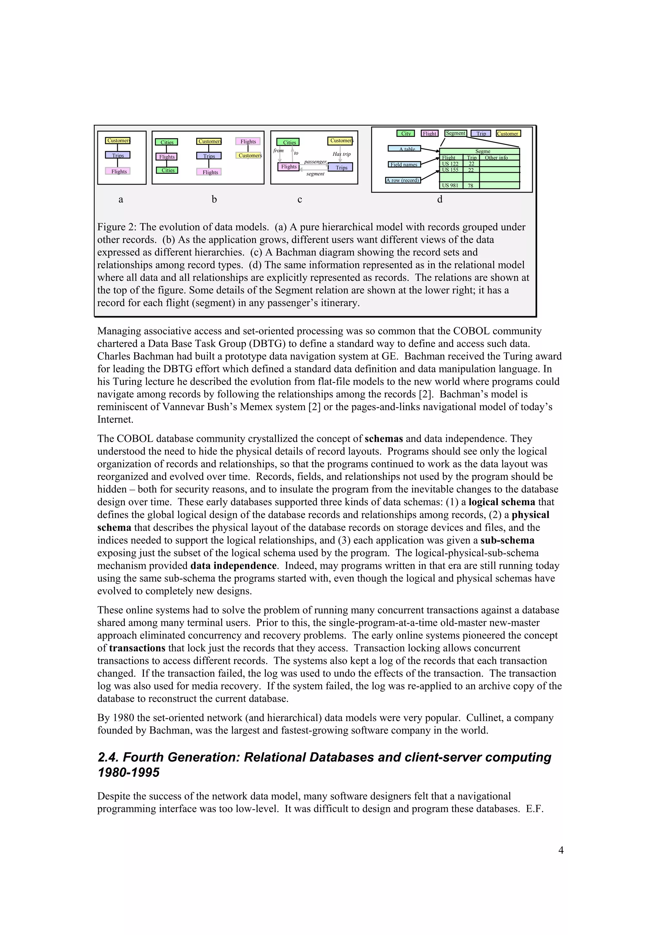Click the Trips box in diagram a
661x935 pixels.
click(x=118, y=155)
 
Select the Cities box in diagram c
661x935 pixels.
click(x=288, y=142)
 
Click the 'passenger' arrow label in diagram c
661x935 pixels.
click(x=315, y=162)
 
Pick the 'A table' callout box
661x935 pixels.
click(x=404, y=149)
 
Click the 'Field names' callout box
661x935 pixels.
click(x=404, y=165)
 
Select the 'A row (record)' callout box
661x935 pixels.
click(x=403, y=180)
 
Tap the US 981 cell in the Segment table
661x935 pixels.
click(x=451, y=186)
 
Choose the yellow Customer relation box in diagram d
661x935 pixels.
click(x=508, y=134)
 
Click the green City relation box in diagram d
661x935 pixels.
click(x=406, y=134)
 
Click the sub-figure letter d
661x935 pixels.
click(x=440, y=199)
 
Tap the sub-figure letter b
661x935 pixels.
click(x=214, y=199)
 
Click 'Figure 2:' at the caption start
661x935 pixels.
click(x=117, y=227)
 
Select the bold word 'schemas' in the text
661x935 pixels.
click(x=384, y=439)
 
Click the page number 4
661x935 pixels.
click(x=561, y=850)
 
